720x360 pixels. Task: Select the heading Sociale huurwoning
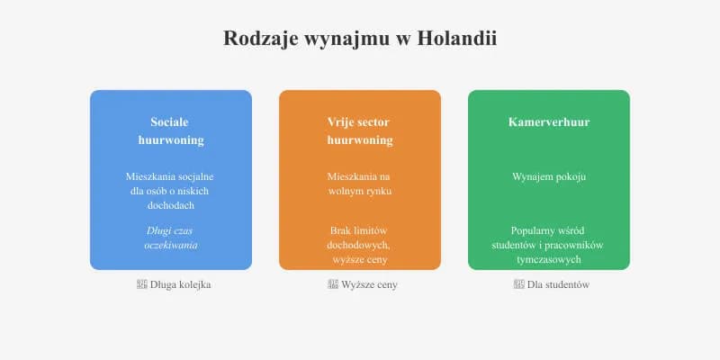(x=171, y=130)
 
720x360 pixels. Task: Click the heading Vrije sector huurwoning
(x=360, y=130)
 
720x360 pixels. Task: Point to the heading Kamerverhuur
(x=549, y=121)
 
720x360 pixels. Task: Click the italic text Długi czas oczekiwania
(x=171, y=238)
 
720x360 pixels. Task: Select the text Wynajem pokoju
(x=549, y=176)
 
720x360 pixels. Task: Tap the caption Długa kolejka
(x=181, y=284)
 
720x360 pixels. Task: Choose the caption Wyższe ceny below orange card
(x=369, y=284)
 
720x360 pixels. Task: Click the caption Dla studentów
(x=558, y=284)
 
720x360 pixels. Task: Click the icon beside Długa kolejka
(x=141, y=284)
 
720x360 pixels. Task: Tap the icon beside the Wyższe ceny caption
(x=333, y=284)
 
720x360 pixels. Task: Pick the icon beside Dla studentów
(x=518, y=284)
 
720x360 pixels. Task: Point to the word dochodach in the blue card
(x=171, y=205)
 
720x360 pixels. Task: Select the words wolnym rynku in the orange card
(x=360, y=191)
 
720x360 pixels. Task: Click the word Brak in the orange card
(x=341, y=231)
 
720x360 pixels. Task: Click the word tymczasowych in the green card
(x=549, y=259)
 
